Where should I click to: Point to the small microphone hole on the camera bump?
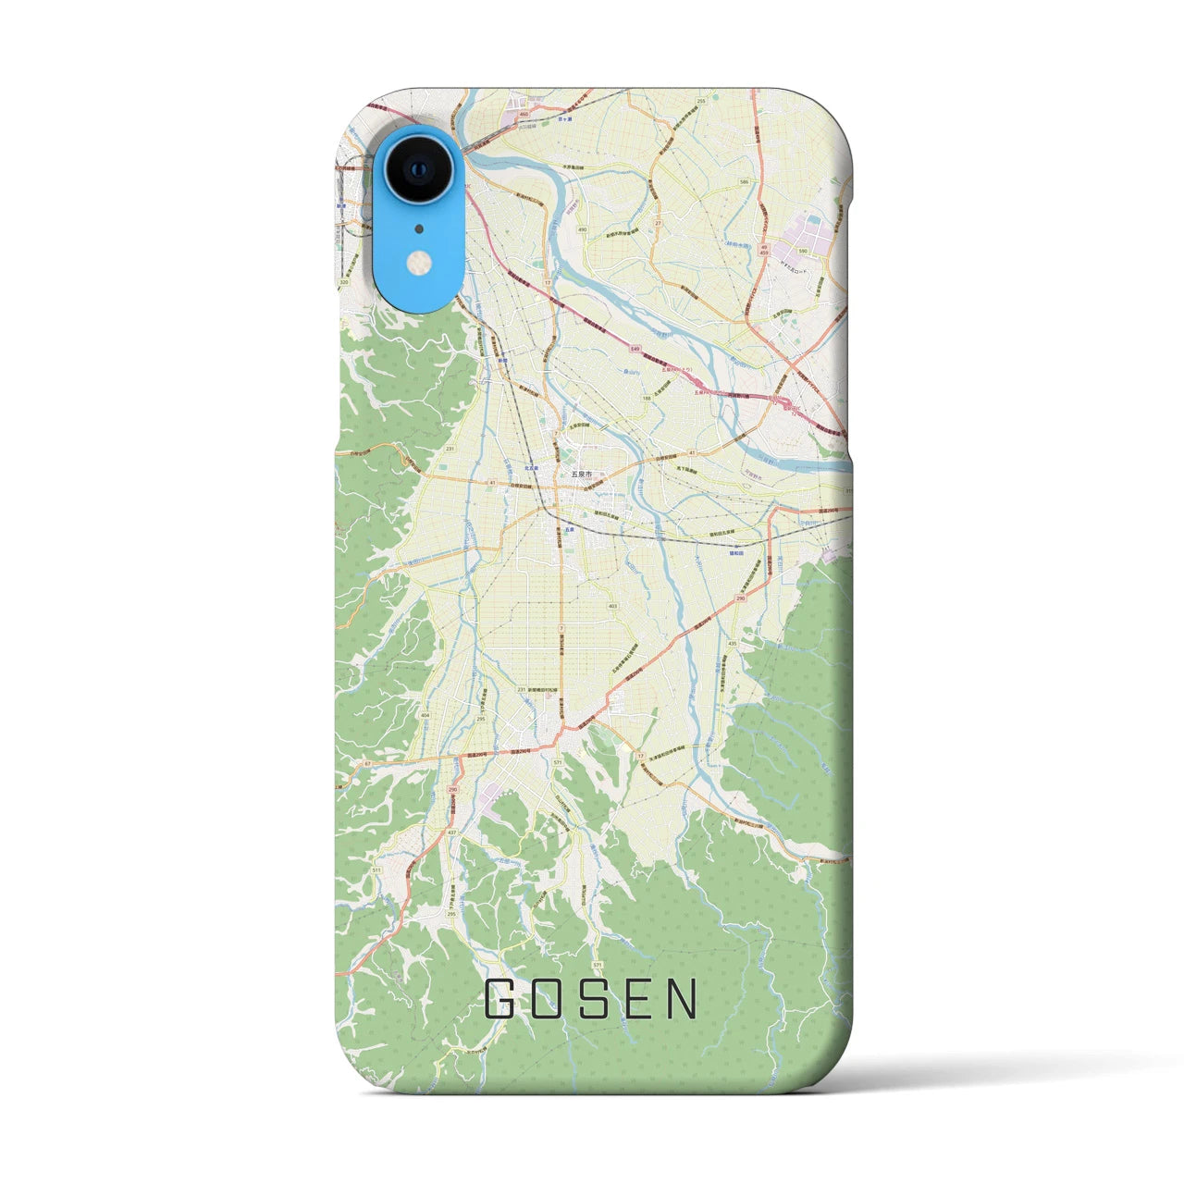click(x=419, y=228)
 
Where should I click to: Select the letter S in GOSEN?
click(x=590, y=999)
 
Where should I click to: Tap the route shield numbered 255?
click(x=701, y=100)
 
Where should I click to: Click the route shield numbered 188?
click(x=647, y=398)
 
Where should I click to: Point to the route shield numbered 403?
click(x=613, y=606)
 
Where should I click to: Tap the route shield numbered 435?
click(x=733, y=643)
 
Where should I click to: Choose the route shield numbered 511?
click(x=376, y=870)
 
